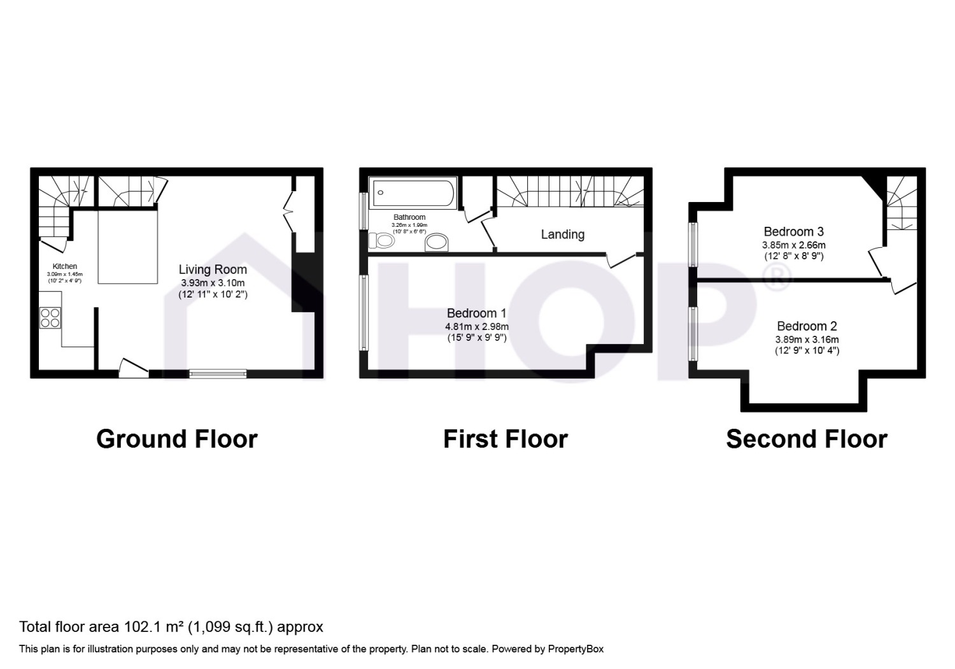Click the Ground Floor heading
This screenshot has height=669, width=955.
pos(177,439)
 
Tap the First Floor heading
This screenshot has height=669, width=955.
pos(506,439)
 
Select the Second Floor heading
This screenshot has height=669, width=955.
pos(807,439)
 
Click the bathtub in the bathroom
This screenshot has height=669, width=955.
pos(413,193)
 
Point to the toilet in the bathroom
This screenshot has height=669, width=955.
pos(381,241)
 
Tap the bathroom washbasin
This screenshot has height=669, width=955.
pos(437,243)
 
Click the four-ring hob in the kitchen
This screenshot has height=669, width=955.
pos(50,318)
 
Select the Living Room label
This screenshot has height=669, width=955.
pos(213,270)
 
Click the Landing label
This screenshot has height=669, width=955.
pos(563,234)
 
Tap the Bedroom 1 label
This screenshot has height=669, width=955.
pos(477,313)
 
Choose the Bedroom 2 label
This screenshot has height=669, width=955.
pos(807,326)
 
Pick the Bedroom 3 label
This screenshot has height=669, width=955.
pos(793,231)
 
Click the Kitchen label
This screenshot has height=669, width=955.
pos(65,266)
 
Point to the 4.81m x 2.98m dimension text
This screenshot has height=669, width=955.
pos(477,327)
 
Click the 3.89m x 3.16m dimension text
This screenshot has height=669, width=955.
pos(807,340)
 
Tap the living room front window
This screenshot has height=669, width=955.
pos(218,374)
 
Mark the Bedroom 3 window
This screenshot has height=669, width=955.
pos(694,245)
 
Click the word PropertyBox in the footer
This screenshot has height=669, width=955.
pos(576,649)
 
